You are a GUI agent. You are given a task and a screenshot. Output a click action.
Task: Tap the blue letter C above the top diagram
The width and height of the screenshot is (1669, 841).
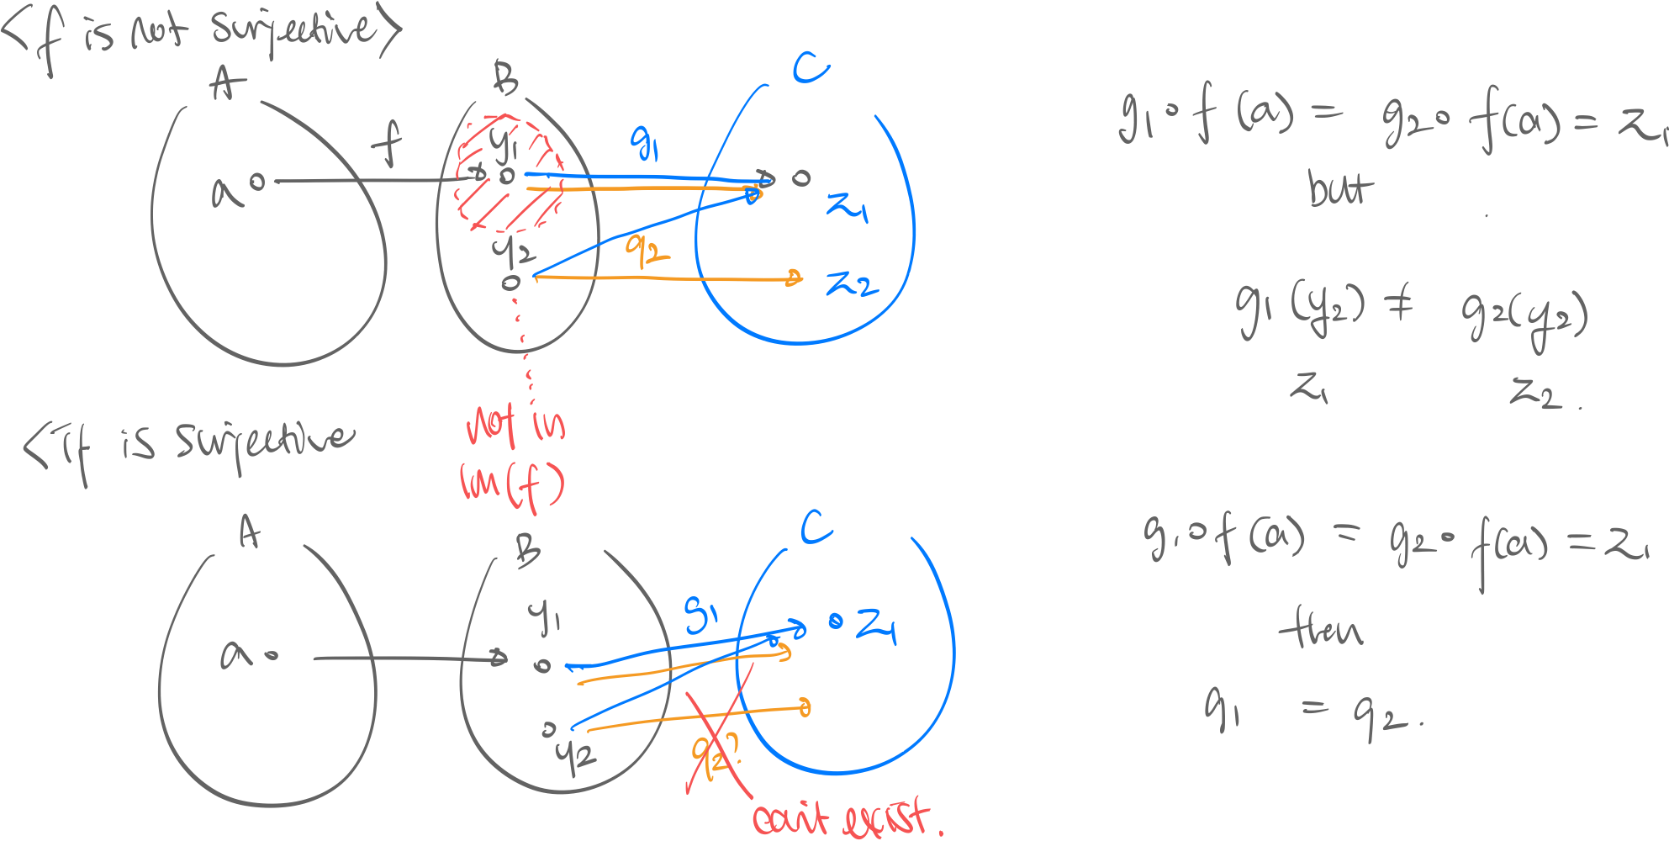pyautogui.click(x=810, y=66)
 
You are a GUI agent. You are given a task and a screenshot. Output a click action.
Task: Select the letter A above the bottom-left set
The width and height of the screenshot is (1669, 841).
pyautogui.click(x=249, y=532)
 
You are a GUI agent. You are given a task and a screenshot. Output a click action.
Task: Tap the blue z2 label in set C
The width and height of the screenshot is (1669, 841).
pyautogui.click(x=852, y=284)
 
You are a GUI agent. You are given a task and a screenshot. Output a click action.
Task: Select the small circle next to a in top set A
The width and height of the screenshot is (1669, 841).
pyautogui.click(x=257, y=181)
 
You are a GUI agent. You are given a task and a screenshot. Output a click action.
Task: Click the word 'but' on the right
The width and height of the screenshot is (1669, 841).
pyautogui.click(x=1339, y=188)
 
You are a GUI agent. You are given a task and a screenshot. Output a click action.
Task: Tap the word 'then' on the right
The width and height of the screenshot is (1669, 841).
pyautogui.click(x=1319, y=630)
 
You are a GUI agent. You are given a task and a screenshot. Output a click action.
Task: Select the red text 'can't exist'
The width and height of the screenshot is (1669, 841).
pyautogui.click(x=846, y=817)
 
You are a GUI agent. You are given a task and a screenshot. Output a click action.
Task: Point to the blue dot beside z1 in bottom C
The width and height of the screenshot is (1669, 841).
pyautogui.click(x=835, y=621)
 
